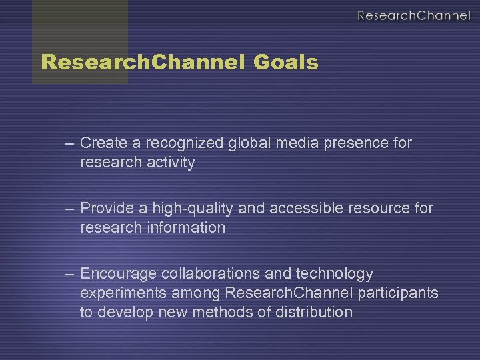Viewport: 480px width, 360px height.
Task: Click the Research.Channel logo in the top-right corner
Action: point(413,15)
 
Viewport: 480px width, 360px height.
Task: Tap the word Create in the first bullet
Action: point(101,143)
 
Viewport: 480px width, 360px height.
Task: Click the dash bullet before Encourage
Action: point(70,274)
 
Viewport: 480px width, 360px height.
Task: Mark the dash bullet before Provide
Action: point(70,209)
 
